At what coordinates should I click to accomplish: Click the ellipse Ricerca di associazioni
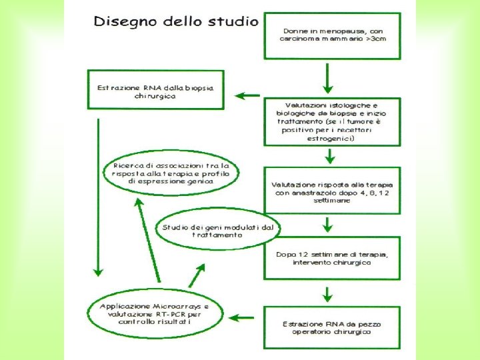tap(172, 173)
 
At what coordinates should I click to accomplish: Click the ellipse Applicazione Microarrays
tap(155, 313)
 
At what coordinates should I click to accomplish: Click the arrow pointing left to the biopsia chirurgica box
tap(249, 95)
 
